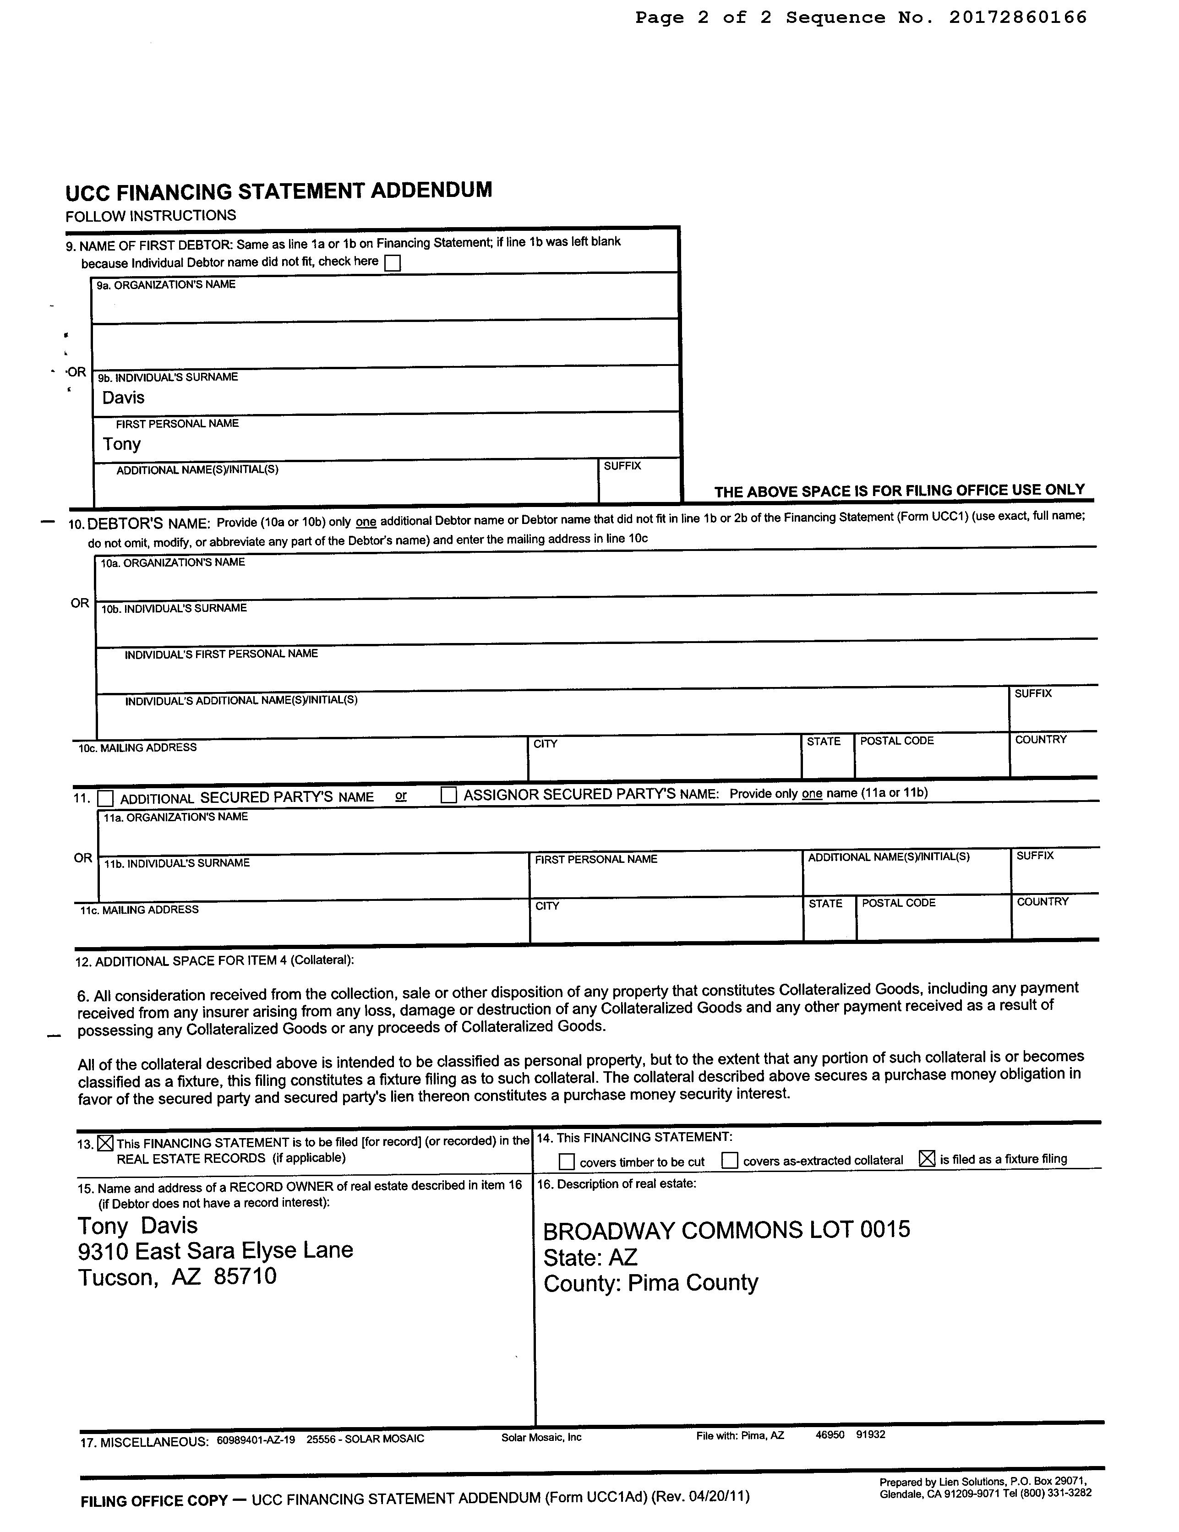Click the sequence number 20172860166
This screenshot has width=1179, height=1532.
pos(1017,17)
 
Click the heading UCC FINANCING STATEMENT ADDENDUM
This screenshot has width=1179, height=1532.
pos(278,191)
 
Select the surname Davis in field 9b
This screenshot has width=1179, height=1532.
pos(123,398)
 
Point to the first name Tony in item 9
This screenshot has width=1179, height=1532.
pos(122,444)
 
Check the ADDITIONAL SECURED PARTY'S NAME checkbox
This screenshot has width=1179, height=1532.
pos(106,798)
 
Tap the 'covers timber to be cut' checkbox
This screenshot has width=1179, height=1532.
pos(567,1161)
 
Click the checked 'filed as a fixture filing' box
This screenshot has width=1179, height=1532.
pos(927,1159)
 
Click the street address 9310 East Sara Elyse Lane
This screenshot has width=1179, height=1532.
pos(215,1250)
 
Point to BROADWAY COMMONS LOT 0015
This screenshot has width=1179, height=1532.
pos(726,1230)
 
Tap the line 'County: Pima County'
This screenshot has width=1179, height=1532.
pos(651,1283)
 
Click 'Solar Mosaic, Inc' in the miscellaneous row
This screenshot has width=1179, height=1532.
pos(541,1437)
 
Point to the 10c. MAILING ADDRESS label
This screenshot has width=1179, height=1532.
pos(137,748)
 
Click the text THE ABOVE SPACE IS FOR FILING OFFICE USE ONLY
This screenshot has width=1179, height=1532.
pos(899,491)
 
